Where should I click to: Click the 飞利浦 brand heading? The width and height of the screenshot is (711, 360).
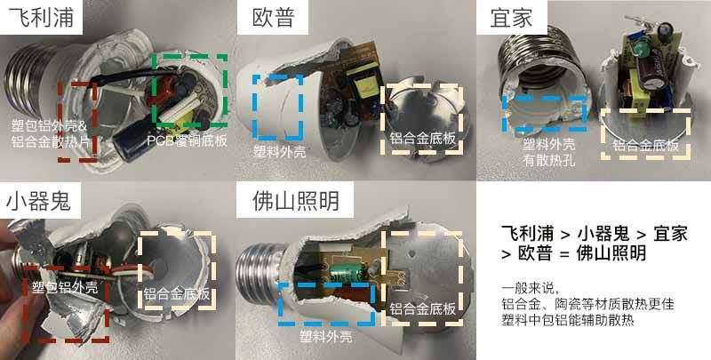tap(41, 17)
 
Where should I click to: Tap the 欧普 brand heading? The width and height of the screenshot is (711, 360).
tap(274, 17)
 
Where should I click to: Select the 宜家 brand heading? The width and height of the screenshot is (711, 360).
tap(511, 17)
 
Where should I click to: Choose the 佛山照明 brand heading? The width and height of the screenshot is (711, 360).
tap(296, 200)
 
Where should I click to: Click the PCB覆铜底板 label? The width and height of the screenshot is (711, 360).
tap(187, 141)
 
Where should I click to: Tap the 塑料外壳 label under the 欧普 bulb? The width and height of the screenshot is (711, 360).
tap(279, 151)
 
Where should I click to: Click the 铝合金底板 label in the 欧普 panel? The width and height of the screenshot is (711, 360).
tap(423, 138)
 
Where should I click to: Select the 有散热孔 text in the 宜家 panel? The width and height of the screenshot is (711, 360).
tap(548, 160)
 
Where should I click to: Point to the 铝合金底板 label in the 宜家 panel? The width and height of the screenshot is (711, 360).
tap(645, 145)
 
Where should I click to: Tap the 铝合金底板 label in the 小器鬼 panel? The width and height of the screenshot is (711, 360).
tap(177, 294)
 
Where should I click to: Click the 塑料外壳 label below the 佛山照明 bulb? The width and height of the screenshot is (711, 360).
tap(325, 336)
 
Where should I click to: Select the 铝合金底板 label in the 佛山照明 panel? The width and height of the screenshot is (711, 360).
tap(423, 309)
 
